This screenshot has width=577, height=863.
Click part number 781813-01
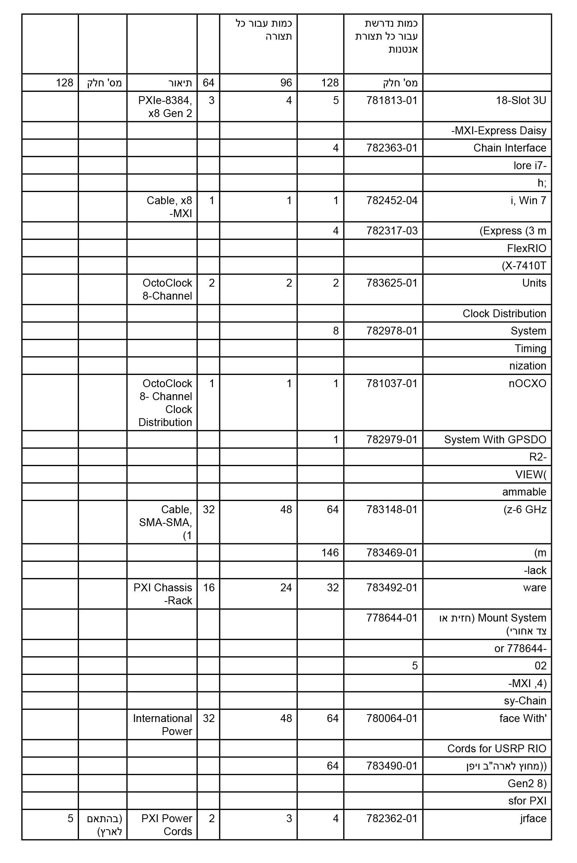[392, 101]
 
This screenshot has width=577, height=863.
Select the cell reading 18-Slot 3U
[521, 101]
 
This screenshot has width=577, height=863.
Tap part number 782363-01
[392, 148]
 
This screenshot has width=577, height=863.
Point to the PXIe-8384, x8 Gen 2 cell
[165, 107]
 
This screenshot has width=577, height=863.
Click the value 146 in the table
[330, 553]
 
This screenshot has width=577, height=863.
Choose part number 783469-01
[392, 553]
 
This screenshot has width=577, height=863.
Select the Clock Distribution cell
[504, 314]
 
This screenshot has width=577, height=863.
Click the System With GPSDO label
[495, 440]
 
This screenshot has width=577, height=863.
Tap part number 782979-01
[392, 440]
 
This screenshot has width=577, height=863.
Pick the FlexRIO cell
[526, 249]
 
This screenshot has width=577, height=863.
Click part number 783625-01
[392, 283]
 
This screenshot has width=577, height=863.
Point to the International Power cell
[162, 725]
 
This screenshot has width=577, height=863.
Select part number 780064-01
[392, 719]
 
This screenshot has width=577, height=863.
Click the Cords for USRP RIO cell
[496, 749]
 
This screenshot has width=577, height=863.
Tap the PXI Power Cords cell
[167, 825]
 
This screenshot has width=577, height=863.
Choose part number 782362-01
[392, 819]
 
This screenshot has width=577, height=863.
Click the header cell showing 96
[286, 83]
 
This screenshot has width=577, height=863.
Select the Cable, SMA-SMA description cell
[165, 523]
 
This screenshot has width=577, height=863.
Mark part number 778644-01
[392, 618]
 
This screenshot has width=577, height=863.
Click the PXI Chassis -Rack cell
[163, 594]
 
